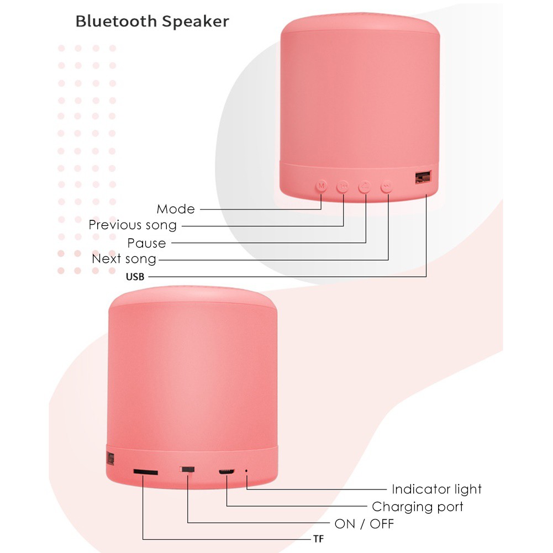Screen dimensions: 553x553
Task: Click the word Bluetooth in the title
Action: click(x=116, y=21)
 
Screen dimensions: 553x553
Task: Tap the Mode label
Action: click(x=176, y=209)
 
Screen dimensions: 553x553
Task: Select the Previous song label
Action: click(x=133, y=225)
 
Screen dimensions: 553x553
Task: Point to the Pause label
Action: click(x=146, y=243)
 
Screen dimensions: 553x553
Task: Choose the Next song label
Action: click(x=124, y=259)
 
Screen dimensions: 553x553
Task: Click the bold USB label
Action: click(x=135, y=277)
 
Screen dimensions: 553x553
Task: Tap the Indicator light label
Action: click(x=436, y=489)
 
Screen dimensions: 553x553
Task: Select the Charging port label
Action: click(x=417, y=507)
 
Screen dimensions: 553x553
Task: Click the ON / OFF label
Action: click(x=364, y=524)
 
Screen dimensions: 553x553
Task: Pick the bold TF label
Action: click(x=318, y=539)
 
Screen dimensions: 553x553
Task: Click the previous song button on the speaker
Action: click(x=343, y=186)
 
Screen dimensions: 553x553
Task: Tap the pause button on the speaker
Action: click(x=365, y=186)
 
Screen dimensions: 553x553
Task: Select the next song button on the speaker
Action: click(x=387, y=186)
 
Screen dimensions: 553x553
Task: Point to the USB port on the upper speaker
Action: click(x=423, y=177)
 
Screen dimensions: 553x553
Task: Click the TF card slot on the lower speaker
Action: click(x=145, y=472)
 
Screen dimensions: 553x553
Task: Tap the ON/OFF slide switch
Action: click(x=187, y=470)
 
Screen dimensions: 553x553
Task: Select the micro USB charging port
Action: click(x=227, y=472)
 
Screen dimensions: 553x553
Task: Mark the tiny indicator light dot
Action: click(x=246, y=471)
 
